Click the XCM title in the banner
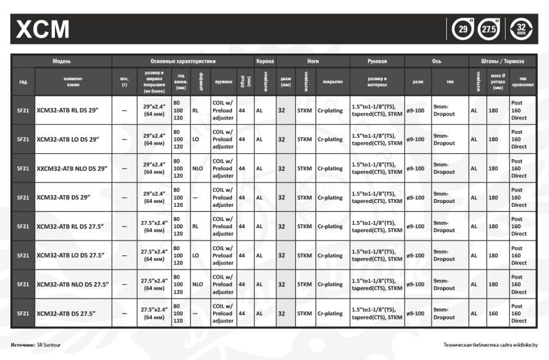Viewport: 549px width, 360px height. click(43, 29)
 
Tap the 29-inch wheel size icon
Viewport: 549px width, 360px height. click(462, 29)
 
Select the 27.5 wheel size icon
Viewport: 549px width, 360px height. click(491, 29)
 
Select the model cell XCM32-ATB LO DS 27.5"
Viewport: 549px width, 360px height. click(72, 255)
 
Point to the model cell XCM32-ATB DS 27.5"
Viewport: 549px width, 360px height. click(67, 313)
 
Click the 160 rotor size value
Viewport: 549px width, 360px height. click(493, 313)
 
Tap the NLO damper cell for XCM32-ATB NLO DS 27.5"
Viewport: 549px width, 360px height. click(198, 284)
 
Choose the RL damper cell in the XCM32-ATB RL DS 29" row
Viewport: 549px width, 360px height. click(195, 111)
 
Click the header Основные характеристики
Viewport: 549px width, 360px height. click(183, 61)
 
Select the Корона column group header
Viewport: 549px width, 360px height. click(265, 61)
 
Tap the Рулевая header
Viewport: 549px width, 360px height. click(377, 61)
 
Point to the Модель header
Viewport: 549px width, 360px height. click(62, 61)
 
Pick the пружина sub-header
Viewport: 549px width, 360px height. click(223, 82)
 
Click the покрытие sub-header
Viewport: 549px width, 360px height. click(332, 82)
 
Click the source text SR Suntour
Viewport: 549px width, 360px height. click(49, 345)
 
